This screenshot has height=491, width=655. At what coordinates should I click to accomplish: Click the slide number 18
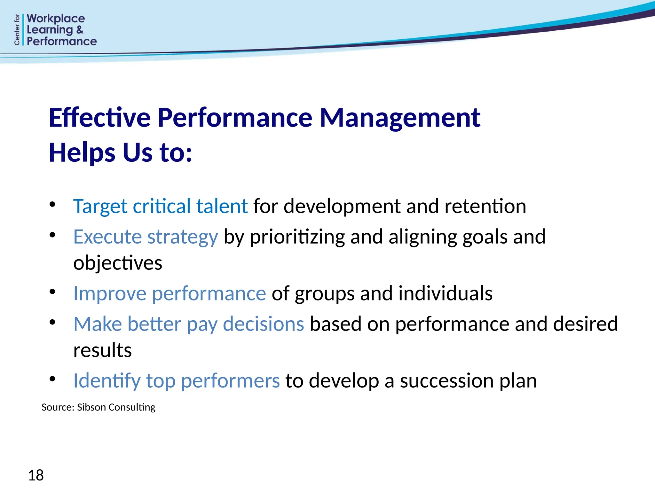pyautogui.click(x=36, y=475)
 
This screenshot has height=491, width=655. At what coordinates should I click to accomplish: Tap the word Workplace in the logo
pyautogui.click(x=56, y=19)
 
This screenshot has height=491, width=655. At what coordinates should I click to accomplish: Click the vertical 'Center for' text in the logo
pyautogui.click(x=17, y=29)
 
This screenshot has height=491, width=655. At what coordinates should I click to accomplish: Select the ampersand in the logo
pyautogui.click(x=80, y=30)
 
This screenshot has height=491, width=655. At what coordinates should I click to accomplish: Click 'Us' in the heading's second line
pyautogui.click(x=137, y=152)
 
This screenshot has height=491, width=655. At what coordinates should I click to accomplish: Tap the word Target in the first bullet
pyautogui.click(x=100, y=206)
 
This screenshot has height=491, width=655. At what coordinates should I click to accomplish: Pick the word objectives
pyautogui.click(x=118, y=263)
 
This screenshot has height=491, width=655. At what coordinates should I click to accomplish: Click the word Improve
pyautogui.click(x=110, y=293)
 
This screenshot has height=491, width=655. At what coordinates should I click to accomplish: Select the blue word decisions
pyautogui.click(x=263, y=324)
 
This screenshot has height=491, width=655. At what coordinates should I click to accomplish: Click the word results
pyautogui.click(x=102, y=350)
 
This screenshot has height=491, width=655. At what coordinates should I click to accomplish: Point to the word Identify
pyautogui.click(x=107, y=381)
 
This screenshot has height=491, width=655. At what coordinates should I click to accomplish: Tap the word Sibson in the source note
pyautogui.click(x=91, y=407)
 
